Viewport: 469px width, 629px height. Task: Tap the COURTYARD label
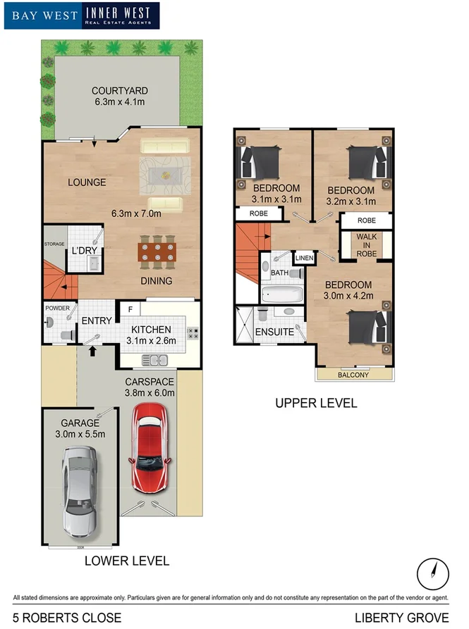point(119,91)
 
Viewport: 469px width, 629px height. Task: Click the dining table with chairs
point(157,252)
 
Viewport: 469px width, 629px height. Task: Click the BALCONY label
point(354,375)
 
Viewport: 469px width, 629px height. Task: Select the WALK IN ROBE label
point(367,245)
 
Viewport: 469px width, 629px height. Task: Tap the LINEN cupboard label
point(304,259)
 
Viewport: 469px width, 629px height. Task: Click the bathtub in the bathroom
point(282,294)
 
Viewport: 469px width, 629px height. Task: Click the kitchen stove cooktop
point(193,333)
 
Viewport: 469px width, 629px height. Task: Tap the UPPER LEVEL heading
point(316,404)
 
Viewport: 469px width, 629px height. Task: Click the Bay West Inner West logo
point(82,15)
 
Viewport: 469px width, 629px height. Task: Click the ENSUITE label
point(274,331)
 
